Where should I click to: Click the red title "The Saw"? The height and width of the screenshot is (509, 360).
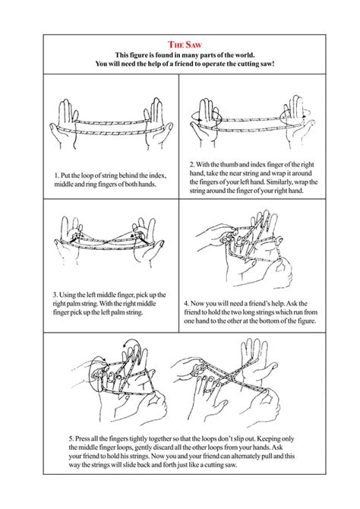tap(180, 45)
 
